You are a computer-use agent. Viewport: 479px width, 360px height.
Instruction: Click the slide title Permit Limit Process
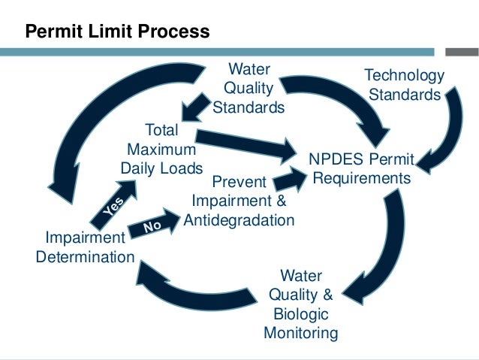click(117, 32)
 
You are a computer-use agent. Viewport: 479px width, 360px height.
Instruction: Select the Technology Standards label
click(404, 85)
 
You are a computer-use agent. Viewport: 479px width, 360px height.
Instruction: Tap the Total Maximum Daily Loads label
click(162, 149)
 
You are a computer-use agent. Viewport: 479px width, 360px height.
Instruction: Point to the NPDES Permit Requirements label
click(362, 169)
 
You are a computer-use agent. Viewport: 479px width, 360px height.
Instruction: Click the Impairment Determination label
click(86, 247)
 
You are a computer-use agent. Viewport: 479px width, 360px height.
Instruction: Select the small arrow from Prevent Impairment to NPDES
click(288, 180)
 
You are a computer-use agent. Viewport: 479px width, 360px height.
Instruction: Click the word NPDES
click(336, 160)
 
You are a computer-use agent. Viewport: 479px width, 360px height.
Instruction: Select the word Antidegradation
click(243, 219)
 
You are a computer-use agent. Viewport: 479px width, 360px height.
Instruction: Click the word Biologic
click(300, 313)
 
